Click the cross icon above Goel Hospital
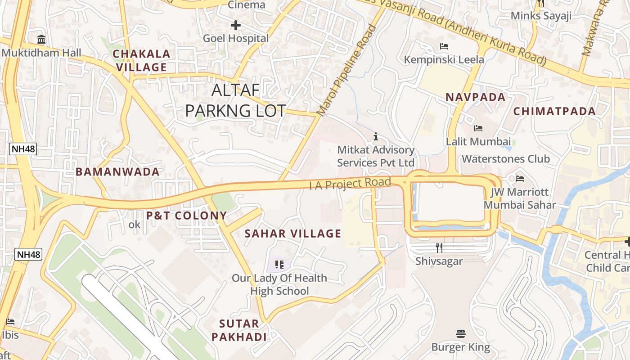point(235,25)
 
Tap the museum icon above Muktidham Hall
point(42,40)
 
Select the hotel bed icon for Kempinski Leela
point(444,46)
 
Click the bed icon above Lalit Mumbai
point(478,128)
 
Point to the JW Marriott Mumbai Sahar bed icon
point(520,179)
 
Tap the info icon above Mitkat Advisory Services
point(376,136)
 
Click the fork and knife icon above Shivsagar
point(439,247)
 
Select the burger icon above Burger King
point(460,334)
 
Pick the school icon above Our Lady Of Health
point(279,265)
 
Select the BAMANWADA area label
point(117,172)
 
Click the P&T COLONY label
point(186,216)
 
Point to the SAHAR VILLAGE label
point(293,234)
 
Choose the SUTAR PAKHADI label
point(239,330)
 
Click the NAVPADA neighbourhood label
point(476,97)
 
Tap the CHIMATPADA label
point(554,111)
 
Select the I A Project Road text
point(350,183)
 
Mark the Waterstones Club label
point(506,159)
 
